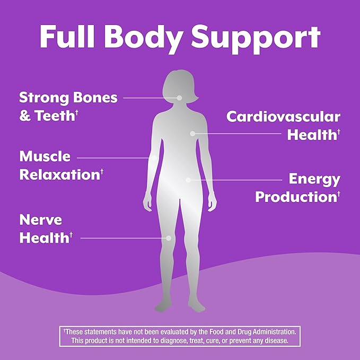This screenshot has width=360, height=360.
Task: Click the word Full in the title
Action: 67,37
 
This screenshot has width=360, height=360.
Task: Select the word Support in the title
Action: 256,39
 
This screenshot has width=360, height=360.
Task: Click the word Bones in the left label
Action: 95,98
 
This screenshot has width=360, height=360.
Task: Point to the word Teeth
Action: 55,116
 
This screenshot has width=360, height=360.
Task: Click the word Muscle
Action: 45,156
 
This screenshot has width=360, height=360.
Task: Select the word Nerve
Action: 41,219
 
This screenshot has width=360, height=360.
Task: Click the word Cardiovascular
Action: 283,117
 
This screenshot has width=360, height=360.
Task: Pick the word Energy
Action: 314,180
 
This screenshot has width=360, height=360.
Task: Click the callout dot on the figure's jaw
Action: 179,98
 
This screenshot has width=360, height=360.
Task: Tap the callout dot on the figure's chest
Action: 193,134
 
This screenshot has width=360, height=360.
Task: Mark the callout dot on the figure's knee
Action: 169,238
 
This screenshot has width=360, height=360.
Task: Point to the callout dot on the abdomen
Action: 188,180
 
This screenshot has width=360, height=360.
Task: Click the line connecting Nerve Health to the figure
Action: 125,238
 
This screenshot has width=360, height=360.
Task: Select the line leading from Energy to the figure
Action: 235,180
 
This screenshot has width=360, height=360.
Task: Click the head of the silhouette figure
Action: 180,87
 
